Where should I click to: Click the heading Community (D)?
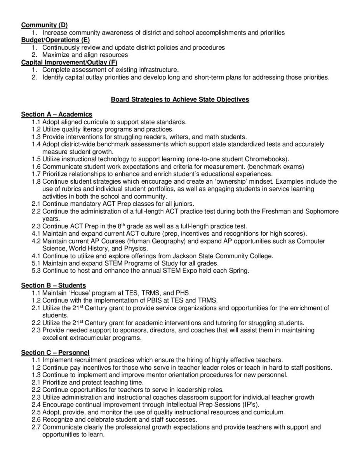[x=44, y=25]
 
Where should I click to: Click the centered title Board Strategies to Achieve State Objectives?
[x=180, y=99]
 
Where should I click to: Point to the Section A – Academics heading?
[x=57, y=114]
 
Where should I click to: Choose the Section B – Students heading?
[x=54, y=285]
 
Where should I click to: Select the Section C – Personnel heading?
[x=55, y=352]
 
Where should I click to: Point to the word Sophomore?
[x=322, y=211]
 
